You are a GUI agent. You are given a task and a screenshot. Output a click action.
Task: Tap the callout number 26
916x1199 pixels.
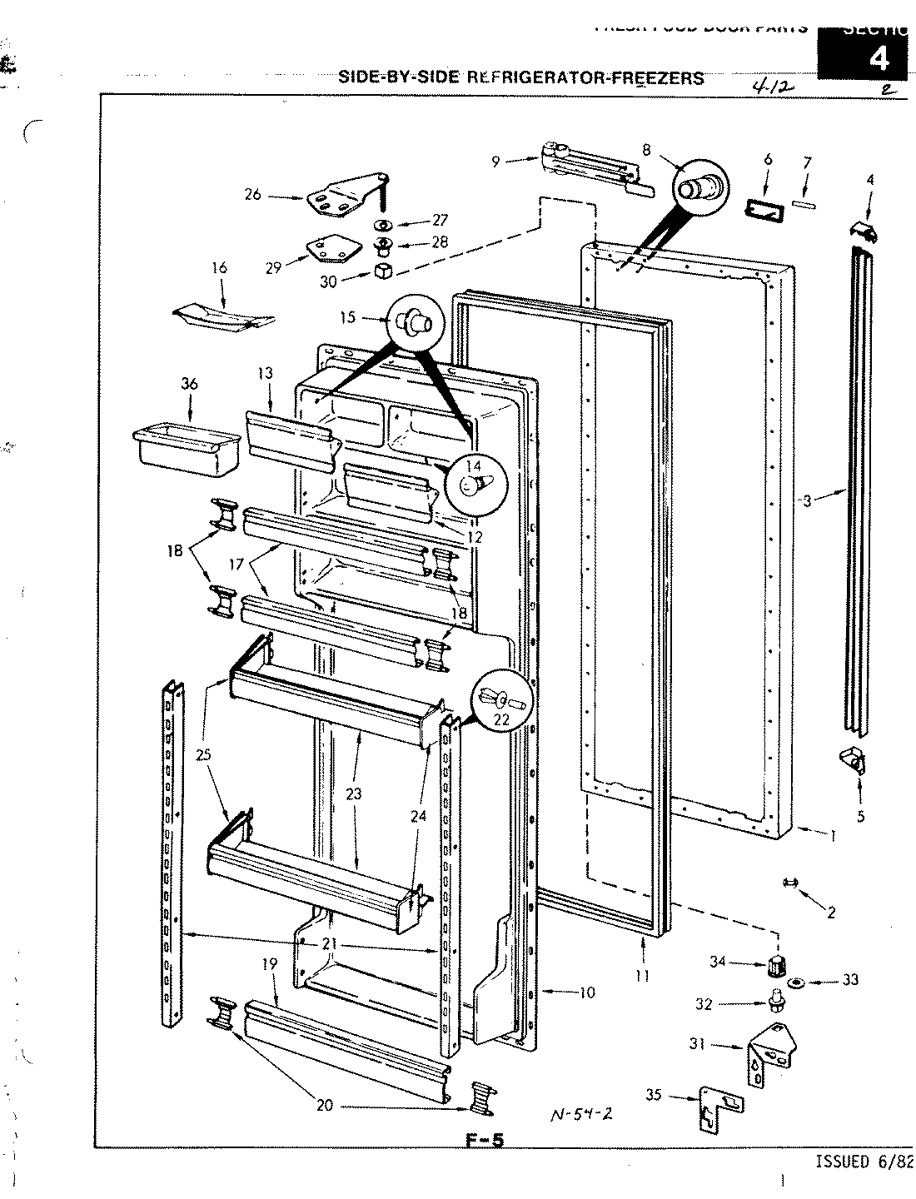click(253, 195)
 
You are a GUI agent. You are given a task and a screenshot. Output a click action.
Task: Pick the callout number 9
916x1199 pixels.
click(496, 162)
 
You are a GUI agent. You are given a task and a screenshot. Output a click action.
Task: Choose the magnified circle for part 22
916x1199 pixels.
click(501, 698)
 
